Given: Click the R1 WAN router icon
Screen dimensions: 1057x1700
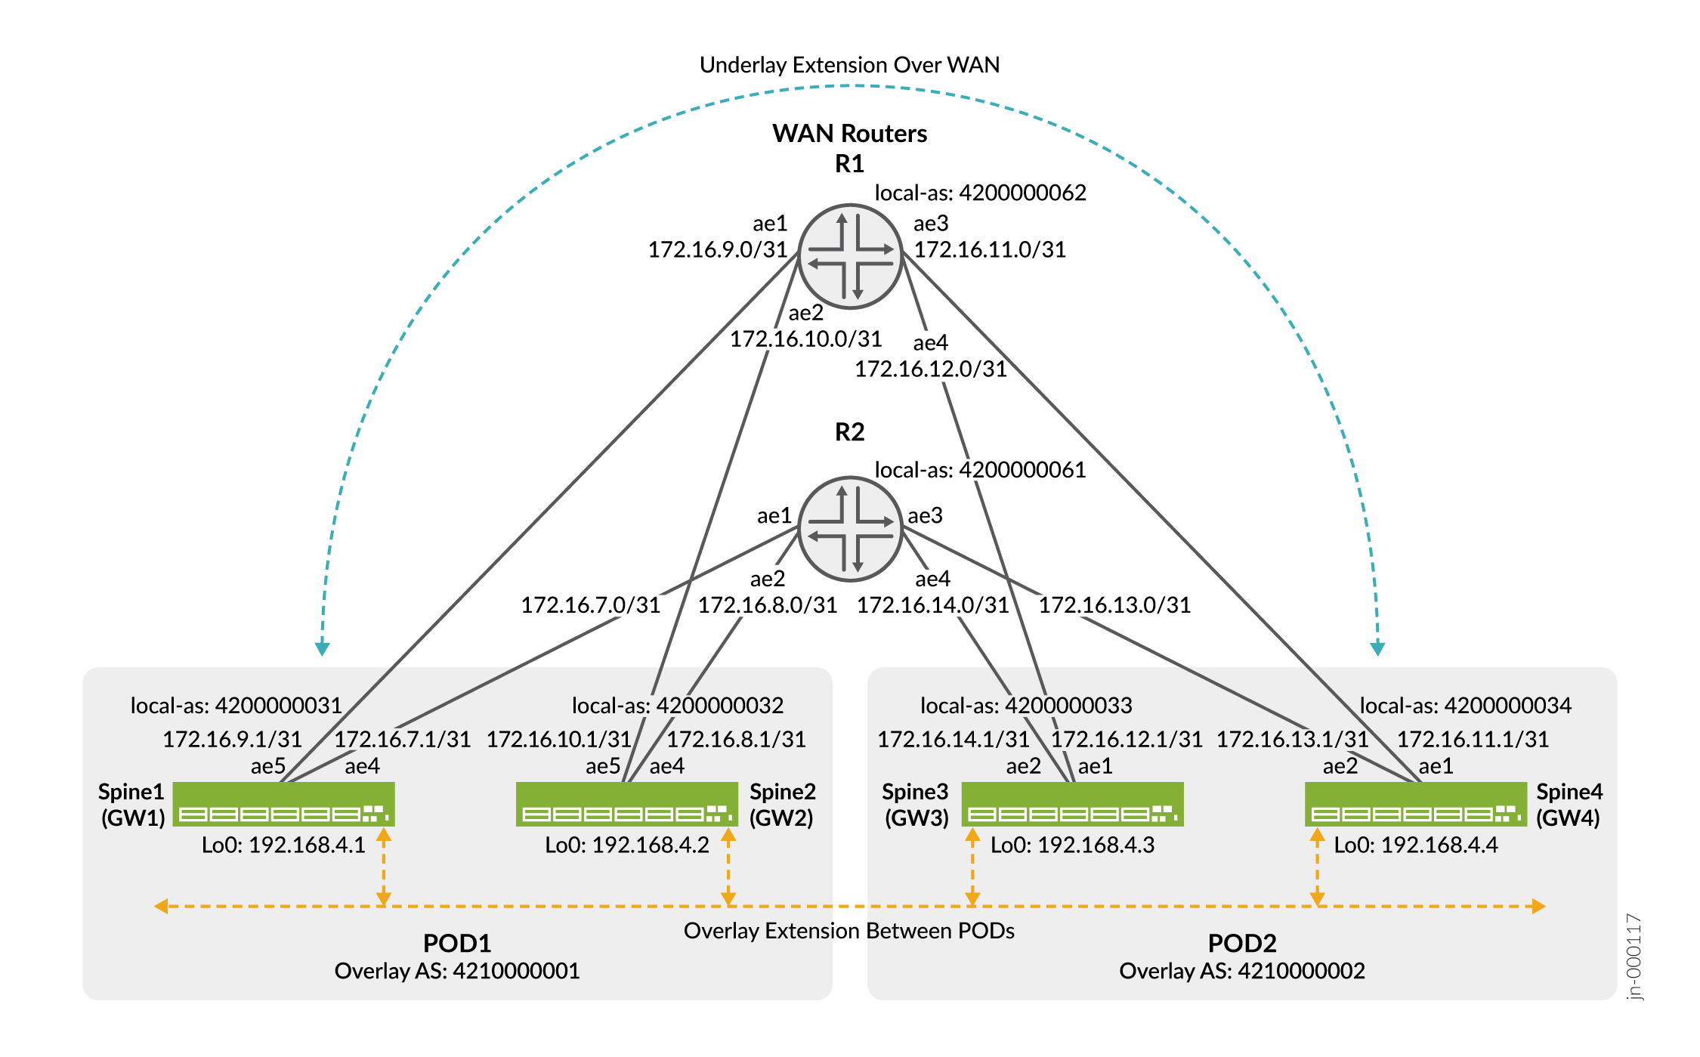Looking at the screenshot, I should (x=850, y=256).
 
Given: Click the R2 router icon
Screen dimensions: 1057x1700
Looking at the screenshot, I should (x=850, y=529).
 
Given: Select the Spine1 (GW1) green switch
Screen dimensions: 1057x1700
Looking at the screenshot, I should (x=283, y=804).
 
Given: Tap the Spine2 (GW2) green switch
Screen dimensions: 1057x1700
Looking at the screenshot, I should (x=626, y=804).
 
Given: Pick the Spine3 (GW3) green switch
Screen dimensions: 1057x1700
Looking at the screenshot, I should (x=1072, y=804).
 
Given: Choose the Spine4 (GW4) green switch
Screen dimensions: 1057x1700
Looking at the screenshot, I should (x=1415, y=804).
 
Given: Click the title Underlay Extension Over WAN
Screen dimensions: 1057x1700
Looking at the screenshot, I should (x=849, y=65).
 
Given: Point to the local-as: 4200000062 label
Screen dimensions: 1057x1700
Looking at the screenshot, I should (x=980, y=193).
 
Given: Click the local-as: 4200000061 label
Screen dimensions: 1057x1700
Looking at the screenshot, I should (x=980, y=470).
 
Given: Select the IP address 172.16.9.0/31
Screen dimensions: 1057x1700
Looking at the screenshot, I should (x=718, y=249).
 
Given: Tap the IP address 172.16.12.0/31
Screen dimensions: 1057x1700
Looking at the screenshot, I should (x=930, y=369).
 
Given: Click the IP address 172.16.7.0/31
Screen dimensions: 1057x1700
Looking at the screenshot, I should (x=591, y=604).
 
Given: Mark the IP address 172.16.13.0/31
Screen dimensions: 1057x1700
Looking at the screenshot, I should (x=1114, y=604).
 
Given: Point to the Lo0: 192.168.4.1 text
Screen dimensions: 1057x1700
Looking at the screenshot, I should (x=283, y=845).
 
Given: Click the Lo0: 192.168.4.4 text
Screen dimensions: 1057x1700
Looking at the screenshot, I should (x=1415, y=845).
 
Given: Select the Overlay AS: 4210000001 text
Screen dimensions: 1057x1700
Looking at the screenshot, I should (x=457, y=971).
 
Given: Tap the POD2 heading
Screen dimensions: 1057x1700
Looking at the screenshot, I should (x=1242, y=943).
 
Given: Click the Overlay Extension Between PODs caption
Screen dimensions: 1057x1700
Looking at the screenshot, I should (x=849, y=931).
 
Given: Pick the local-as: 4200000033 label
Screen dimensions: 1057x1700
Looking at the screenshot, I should (x=1026, y=706).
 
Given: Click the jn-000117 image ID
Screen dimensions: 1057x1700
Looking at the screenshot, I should (x=1634, y=957).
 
